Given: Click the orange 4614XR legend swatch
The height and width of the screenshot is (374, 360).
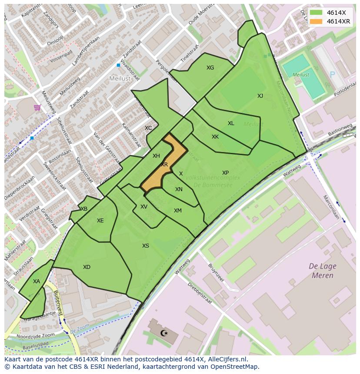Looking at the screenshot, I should pyautogui.click(x=316, y=21).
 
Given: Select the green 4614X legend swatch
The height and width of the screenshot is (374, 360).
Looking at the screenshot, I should pyautogui.click(x=316, y=13).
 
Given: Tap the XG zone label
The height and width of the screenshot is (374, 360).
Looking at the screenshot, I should pyautogui.click(x=210, y=68).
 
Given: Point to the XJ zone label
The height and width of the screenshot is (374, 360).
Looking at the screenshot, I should pyautogui.click(x=260, y=96).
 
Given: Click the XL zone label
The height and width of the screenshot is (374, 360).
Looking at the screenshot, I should pyautogui.click(x=231, y=123).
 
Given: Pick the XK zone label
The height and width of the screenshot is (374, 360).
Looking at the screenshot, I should pyautogui.click(x=215, y=137).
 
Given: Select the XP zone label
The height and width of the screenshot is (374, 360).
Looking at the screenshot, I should pyautogui.click(x=225, y=173).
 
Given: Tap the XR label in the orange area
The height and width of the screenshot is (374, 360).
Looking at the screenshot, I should pyautogui.click(x=164, y=165).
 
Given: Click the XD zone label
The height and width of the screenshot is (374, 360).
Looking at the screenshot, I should pyautogui.click(x=87, y=267).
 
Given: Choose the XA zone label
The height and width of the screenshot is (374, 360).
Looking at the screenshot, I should pyautogui.click(x=37, y=281).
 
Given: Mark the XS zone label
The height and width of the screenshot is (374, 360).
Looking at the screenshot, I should pyautogui.click(x=146, y=246).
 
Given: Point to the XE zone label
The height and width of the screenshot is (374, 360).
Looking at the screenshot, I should pyautogui.click(x=100, y=221).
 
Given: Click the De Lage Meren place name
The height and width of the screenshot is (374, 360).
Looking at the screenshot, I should pyautogui.click(x=322, y=271).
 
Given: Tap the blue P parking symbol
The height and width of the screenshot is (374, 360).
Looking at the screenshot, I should pyautogui.click(x=333, y=75).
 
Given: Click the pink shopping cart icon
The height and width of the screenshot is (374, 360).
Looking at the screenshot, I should pyautogui.click(x=37, y=107).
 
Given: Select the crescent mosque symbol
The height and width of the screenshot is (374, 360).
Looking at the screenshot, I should pyautogui.click(x=163, y=333).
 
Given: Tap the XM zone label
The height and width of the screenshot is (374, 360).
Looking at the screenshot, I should pyautogui.click(x=178, y=211).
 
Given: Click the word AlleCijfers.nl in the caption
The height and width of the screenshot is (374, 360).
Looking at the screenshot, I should pyautogui.click(x=228, y=360).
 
